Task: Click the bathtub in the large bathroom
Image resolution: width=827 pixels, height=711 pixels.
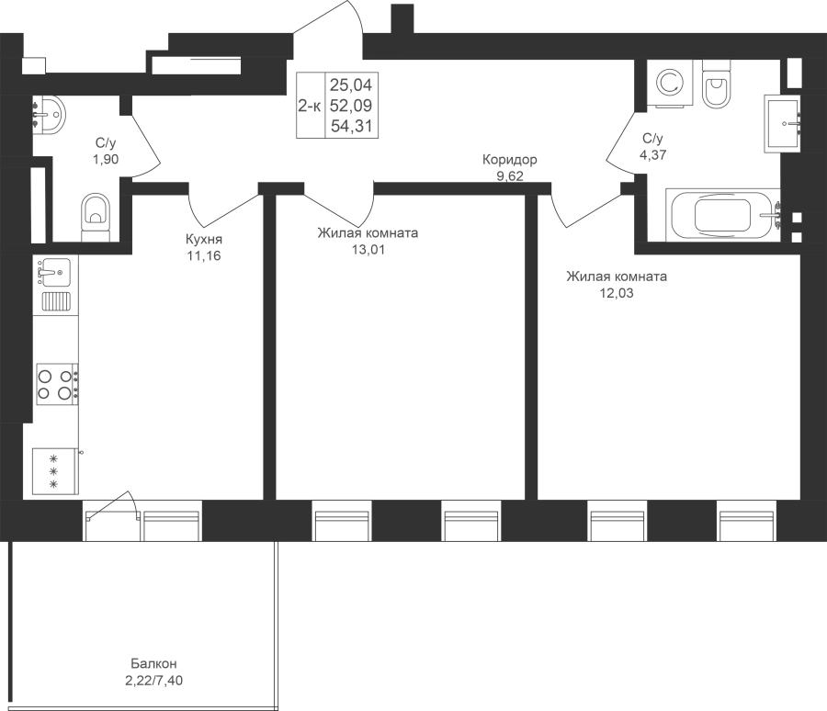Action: pyautogui.click(x=722, y=215)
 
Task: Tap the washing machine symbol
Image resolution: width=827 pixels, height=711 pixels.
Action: pyautogui.click(x=670, y=83)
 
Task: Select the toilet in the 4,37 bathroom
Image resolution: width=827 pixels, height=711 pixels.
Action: pyautogui.click(x=716, y=85)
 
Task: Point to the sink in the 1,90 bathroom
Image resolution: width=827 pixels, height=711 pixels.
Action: pyautogui.click(x=49, y=115)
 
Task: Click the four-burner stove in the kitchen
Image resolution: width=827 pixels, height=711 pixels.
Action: pyautogui.click(x=58, y=384)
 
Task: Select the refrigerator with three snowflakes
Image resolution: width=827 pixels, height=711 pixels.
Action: pyautogui.click(x=55, y=471)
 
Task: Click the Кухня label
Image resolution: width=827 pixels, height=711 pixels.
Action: pyautogui.click(x=204, y=239)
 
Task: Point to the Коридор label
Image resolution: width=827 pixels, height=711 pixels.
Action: pyautogui.click(x=509, y=159)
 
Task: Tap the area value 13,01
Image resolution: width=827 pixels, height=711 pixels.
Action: pyautogui.click(x=368, y=250)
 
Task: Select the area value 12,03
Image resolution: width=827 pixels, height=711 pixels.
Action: pyautogui.click(x=617, y=293)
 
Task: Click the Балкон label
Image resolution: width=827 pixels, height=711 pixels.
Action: pyautogui.click(x=153, y=663)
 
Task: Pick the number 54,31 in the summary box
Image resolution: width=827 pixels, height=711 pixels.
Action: pyautogui.click(x=352, y=126)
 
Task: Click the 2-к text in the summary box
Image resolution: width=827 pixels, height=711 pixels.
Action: pyautogui.click(x=309, y=106)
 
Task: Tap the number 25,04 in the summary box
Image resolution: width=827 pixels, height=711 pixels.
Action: pyautogui.click(x=351, y=85)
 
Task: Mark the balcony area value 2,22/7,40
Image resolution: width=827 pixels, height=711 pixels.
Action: pyautogui.click(x=154, y=681)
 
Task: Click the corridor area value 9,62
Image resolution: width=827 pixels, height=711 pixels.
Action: pyautogui.click(x=510, y=176)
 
